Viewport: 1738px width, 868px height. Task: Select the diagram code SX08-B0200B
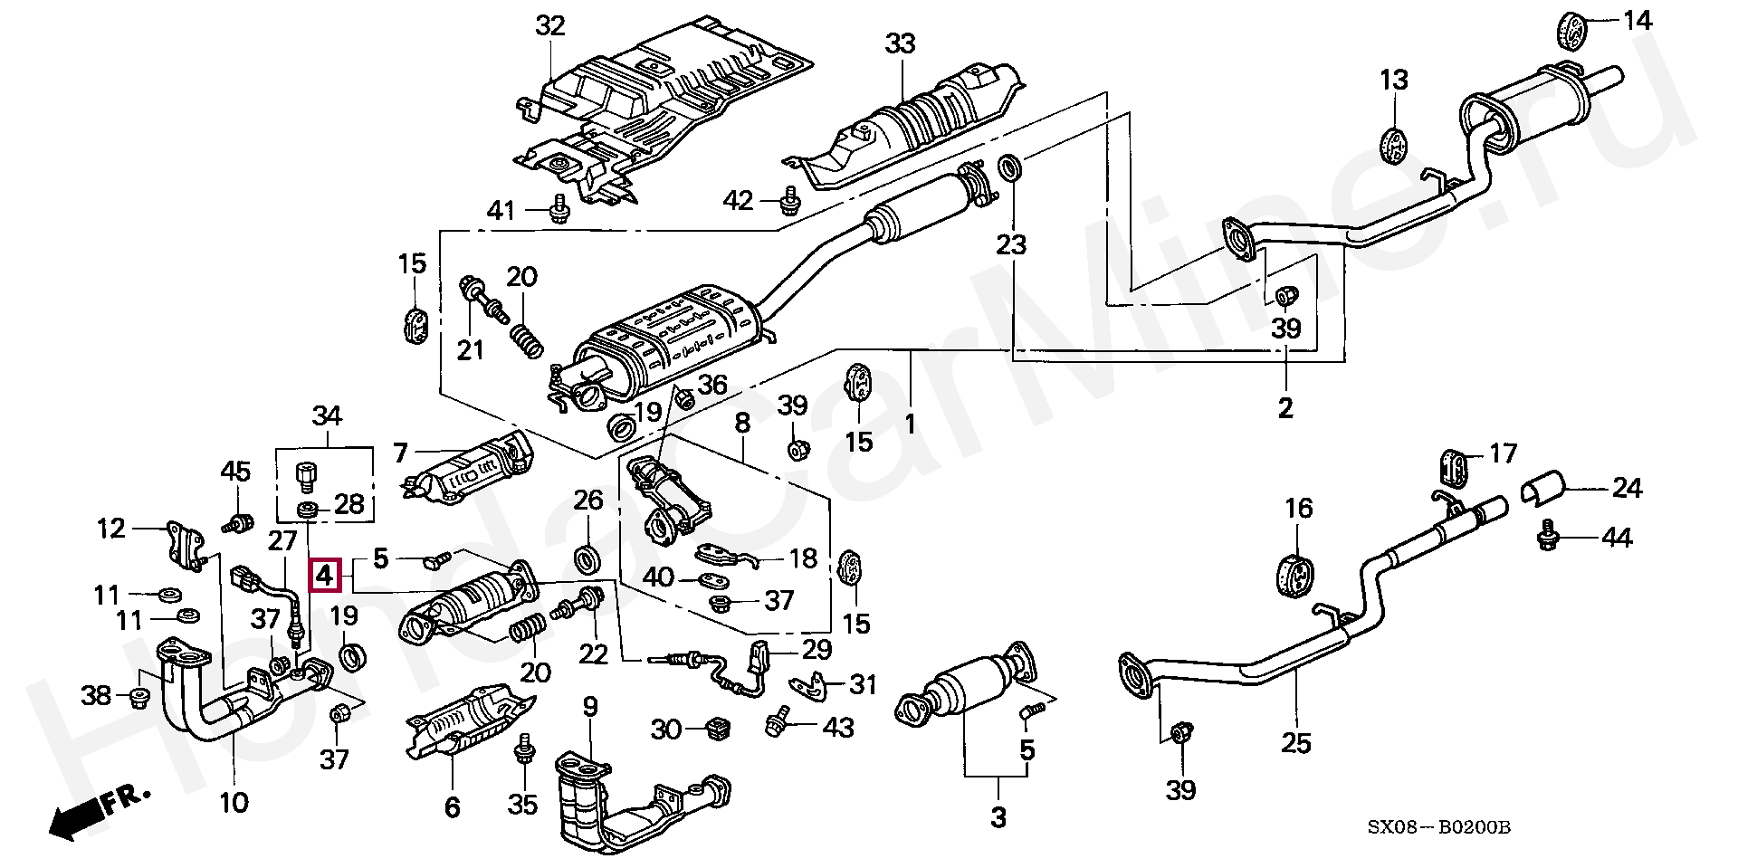(1440, 827)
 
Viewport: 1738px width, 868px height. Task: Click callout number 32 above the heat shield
(549, 26)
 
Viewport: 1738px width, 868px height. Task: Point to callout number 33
(901, 43)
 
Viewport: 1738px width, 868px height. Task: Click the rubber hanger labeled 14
(1577, 31)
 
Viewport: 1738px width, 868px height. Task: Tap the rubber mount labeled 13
(1396, 148)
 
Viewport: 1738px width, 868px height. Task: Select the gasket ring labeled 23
(1011, 168)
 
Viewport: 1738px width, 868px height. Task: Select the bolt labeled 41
(559, 208)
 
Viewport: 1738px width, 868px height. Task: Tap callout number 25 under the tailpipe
(1296, 743)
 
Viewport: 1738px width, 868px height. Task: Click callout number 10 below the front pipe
(234, 801)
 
